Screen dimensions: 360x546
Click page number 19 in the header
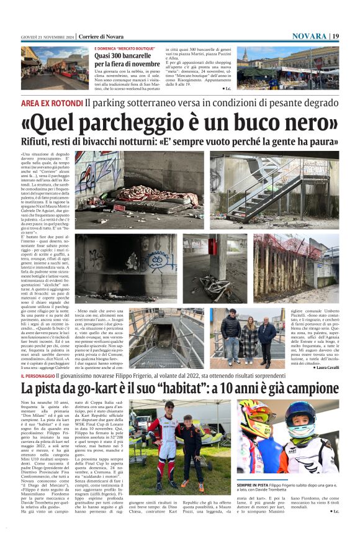pos(335,36)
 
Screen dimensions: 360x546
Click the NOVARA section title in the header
pos(308,36)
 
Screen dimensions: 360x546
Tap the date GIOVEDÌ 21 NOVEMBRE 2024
pos(47,37)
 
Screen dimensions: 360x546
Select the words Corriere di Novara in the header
pos(101,37)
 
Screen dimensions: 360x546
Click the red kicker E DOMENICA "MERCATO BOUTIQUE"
pos(124,48)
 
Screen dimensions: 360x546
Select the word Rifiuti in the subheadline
pos(37,142)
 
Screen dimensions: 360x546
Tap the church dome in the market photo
pos(245,55)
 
